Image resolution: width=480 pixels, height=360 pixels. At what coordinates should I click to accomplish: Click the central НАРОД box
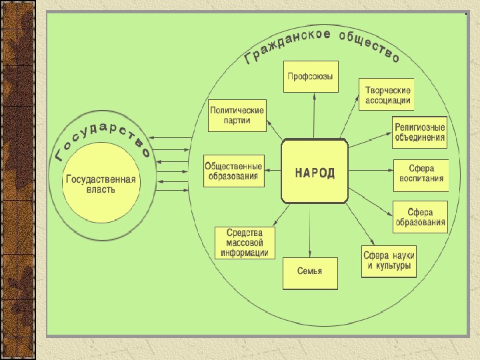tap(315, 171)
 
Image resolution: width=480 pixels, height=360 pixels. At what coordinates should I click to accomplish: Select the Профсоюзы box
tap(311, 77)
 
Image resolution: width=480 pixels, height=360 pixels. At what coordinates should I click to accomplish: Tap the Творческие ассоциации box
tap(386, 95)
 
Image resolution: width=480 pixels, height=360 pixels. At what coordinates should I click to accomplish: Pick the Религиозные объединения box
tap(419, 131)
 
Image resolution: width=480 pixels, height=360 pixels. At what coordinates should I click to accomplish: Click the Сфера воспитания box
tap(421, 175)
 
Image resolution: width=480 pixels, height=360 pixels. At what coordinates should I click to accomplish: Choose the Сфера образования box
tap(420, 217)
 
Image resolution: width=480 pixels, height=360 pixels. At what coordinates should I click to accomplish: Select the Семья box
tap(310, 272)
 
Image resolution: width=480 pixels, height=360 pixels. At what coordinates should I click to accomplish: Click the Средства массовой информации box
tap(245, 243)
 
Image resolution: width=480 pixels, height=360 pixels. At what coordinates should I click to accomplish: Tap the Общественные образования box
tap(234, 171)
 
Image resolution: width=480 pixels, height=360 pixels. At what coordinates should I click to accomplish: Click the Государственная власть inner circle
tap(100, 184)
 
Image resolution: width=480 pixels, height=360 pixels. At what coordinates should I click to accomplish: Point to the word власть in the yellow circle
tap(100, 190)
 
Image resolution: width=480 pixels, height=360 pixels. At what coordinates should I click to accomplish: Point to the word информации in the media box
tap(245, 253)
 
